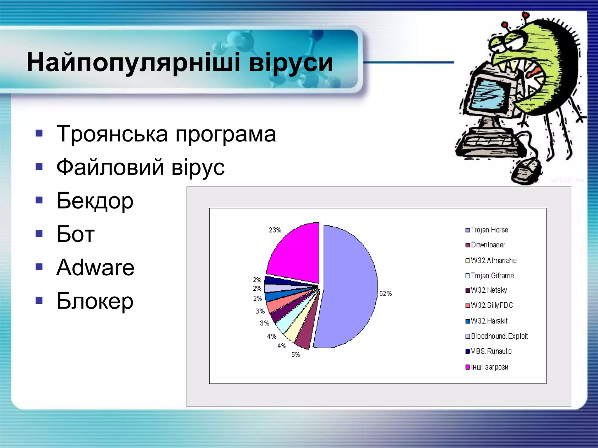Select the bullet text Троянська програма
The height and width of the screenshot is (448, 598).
(166, 134)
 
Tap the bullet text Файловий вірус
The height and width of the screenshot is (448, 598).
(140, 167)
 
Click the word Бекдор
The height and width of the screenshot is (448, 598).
(95, 201)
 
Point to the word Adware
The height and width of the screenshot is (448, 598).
(95, 267)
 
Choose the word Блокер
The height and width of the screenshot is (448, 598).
(95, 301)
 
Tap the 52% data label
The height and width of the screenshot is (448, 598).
(385, 294)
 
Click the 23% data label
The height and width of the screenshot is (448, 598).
(275, 230)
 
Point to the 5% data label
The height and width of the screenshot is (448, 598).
(295, 355)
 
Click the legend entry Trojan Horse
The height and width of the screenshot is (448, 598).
(489, 230)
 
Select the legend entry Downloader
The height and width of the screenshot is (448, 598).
(488, 245)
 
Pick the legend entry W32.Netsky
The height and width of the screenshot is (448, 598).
(489, 290)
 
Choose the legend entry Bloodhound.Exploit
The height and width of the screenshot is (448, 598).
(499, 336)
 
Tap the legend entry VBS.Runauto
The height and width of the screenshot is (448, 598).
(491, 351)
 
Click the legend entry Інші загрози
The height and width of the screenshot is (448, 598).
(489, 367)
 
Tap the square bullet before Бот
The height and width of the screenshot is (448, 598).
(39, 234)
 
